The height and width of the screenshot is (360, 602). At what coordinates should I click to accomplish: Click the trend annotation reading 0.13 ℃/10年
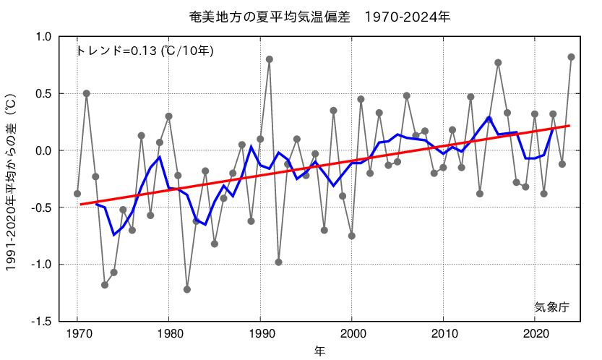coord(145,51)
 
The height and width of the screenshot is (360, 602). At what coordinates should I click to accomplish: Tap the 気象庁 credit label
coord(552,307)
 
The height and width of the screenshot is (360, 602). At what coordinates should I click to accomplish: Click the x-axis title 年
coord(319,351)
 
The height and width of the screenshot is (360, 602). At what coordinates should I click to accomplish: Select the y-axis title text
coord(12,181)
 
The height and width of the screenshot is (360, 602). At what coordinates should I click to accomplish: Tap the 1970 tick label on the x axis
coord(77,335)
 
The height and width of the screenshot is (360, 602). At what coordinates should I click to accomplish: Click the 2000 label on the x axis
coord(352,335)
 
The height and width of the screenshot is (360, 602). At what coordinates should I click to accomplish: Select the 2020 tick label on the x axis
coord(535,335)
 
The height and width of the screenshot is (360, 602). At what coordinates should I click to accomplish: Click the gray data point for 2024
coord(571,56)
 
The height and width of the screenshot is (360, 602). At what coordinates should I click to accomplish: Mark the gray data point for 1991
coord(270,59)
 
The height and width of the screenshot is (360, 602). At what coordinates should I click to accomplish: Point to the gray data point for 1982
coord(187,289)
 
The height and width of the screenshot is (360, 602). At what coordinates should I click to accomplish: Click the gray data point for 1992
coord(278,262)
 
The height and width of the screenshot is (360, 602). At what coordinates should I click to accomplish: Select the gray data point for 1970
coord(77,194)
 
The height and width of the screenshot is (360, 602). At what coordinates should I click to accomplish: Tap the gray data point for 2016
coord(498,63)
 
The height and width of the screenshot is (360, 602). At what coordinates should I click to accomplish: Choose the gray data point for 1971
coord(87,93)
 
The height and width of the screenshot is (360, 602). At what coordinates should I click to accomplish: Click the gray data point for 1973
coord(105,285)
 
